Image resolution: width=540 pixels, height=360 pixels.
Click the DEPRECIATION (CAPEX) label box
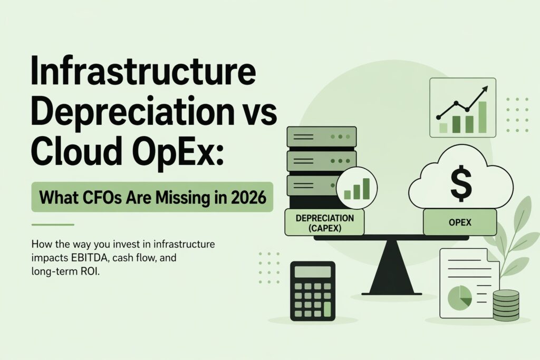tap(324, 222)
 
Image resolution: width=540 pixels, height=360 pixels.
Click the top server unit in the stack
tap(321, 137)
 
